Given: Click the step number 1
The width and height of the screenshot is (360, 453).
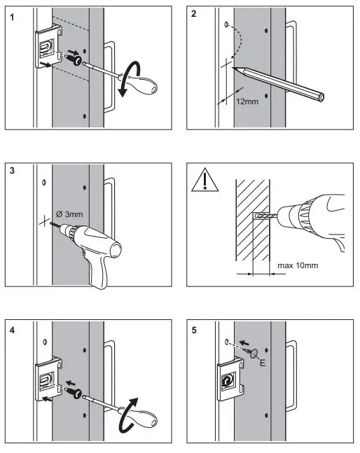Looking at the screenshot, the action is (12, 18).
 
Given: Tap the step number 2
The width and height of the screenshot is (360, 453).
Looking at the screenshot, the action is (193, 13).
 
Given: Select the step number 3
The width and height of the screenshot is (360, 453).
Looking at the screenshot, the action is (12, 170).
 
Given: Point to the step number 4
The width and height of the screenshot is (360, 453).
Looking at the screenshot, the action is (12, 330).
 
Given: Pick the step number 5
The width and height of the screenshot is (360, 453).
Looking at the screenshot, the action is (194, 330).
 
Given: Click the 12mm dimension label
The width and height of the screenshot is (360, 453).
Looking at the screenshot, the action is (247, 102).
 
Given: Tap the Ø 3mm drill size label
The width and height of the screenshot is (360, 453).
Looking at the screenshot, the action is (69, 214).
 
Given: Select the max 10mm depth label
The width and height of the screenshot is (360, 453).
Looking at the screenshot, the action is (298, 265).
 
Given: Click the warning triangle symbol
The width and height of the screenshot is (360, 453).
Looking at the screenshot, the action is (205, 180).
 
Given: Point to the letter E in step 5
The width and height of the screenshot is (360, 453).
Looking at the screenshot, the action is (263, 363).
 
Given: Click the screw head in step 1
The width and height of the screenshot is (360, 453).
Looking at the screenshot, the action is (78, 61).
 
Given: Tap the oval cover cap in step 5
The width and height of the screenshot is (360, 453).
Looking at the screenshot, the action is (254, 354).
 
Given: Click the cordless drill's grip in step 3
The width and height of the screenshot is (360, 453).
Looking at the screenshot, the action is (97, 272).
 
